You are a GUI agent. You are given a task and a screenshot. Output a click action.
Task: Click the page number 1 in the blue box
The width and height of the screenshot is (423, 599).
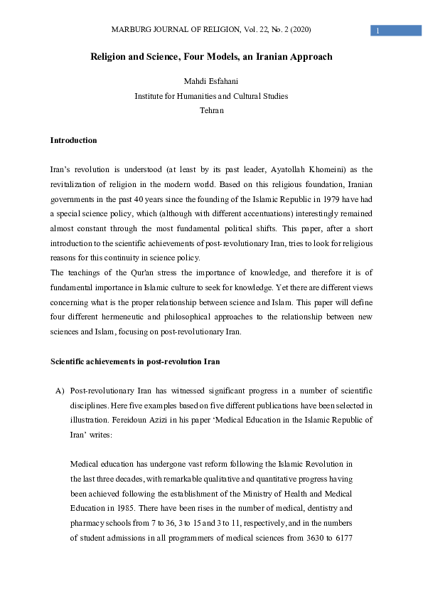tap(378, 31)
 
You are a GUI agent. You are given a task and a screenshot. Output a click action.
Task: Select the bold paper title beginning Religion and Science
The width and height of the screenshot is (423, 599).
tap(211, 56)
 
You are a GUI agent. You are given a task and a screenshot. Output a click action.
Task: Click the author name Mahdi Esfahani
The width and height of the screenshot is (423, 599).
tap(211, 81)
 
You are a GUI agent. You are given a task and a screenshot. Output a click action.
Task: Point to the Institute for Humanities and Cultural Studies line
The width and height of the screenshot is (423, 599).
tap(211, 96)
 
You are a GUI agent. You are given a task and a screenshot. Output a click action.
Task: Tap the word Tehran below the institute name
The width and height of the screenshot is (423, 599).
tap(211, 110)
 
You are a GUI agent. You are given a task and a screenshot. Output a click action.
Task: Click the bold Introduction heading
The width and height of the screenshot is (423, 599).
tap(73, 140)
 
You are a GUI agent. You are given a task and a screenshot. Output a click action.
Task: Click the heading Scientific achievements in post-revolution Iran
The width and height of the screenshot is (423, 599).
tap(134, 361)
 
